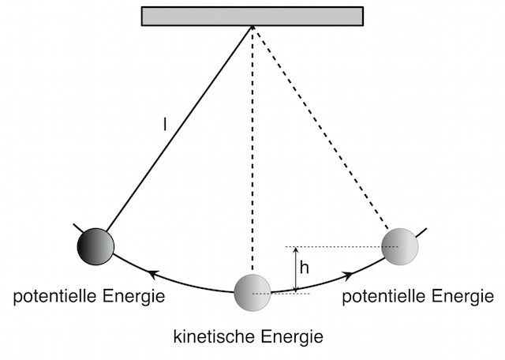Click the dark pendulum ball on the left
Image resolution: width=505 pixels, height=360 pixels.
(95, 246)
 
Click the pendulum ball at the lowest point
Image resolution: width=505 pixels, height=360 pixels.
(252, 293)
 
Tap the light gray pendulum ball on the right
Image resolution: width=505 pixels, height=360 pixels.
(400, 246)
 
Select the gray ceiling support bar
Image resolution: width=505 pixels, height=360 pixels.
(252, 16)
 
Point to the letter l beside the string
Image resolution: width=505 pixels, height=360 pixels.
(165, 125)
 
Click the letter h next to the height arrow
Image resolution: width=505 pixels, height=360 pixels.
(305, 268)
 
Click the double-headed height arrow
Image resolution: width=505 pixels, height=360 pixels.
(296, 270)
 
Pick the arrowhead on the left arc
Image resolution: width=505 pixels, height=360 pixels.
(153, 275)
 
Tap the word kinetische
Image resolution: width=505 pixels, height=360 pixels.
(215, 336)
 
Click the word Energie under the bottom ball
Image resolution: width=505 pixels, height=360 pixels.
(292, 337)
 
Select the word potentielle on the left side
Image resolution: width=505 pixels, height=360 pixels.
(54, 296)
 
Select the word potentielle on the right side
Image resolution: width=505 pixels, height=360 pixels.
(383, 296)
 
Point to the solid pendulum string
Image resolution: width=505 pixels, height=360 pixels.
(179, 129)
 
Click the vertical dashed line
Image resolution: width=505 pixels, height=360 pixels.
(252, 148)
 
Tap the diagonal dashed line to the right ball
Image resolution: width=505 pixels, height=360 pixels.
(320, 127)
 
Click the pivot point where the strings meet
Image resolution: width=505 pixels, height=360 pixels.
(252, 26)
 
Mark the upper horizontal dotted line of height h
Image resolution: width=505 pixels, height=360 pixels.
(342, 247)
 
